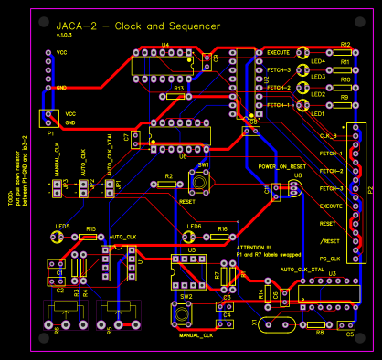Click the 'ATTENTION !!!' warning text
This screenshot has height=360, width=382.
click(256, 247)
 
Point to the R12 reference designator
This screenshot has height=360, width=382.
click(345, 44)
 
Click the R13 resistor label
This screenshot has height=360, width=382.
click(179, 87)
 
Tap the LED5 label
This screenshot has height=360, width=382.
click(62, 226)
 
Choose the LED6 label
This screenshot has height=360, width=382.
click(194, 226)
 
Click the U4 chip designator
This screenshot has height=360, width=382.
click(165, 44)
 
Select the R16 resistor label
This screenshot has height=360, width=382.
click(222, 228)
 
